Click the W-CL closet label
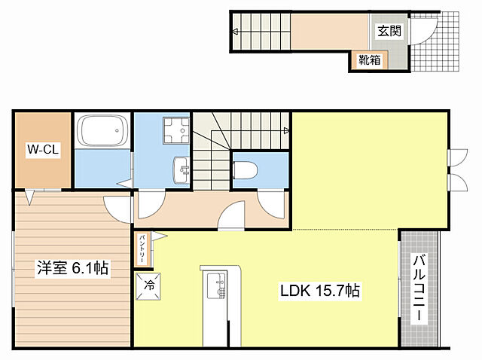coord(43,149)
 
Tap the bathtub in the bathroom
coord(102,130)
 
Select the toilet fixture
coord(246,169)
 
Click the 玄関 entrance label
coord(389,31)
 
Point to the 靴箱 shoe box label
coord(370,59)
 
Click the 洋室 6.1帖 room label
coord(72,268)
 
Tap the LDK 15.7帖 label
coord(319,290)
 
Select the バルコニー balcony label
coord(419,288)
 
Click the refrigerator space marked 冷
coord(148,286)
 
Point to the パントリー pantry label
coord(142,249)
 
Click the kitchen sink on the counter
coord(217,286)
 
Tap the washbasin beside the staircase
coord(182,170)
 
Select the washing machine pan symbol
coord(176,130)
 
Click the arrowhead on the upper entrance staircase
coord(236,32)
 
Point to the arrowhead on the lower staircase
coord(286,131)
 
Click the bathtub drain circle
coord(117,130)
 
